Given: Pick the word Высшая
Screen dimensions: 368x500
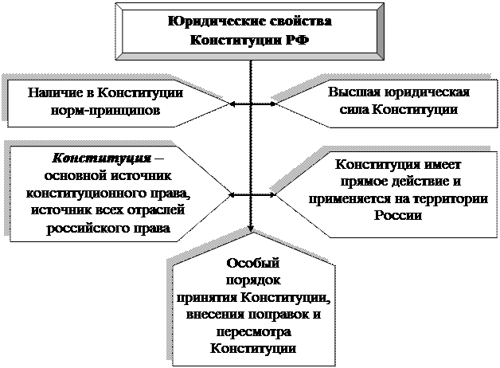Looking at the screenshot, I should click(354, 93).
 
